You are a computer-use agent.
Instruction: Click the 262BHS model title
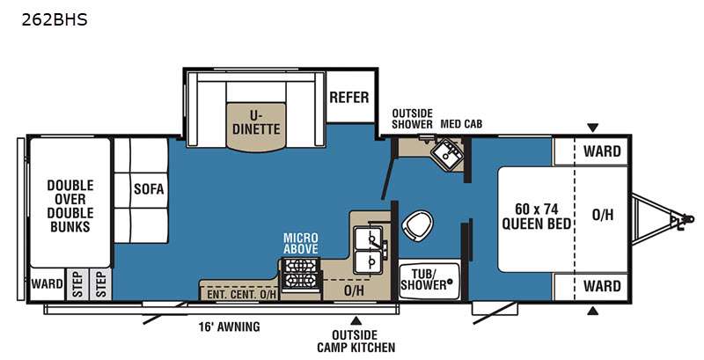tap(55, 19)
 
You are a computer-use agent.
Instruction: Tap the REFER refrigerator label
tap(349, 98)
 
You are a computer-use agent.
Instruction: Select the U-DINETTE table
tap(256, 127)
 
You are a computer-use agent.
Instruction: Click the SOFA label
tap(149, 189)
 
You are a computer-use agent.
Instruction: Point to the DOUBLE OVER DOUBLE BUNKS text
tap(70, 206)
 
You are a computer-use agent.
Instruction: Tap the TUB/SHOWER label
tap(424, 280)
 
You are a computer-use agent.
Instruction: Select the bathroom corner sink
tap(447, 154)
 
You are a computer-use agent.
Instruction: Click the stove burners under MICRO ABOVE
tap(301, 273)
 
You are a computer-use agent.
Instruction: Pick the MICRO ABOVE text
tap(301, 243)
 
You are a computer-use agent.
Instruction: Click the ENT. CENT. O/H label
tap(241, 295)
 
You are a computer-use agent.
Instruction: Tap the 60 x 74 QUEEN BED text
tap(537, 217)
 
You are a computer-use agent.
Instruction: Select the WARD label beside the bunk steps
tap(48, 283)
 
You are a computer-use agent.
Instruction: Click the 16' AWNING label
tap(229, 327)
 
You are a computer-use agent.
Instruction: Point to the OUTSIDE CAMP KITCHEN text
tap(356, 342)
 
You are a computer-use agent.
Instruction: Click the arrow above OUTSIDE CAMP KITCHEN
tap(356, 320)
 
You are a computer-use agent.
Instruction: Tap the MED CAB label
tap(461, 124)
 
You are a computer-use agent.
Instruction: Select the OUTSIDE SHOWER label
tap(412, 119)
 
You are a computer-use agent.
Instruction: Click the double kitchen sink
tap(368, 250)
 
